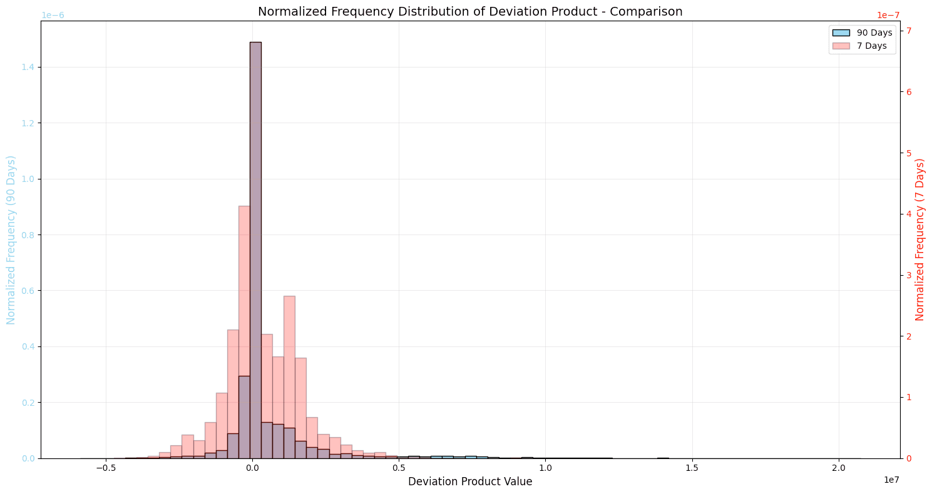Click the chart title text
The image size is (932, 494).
point(470,11)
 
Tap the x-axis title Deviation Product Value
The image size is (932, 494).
point(470,481)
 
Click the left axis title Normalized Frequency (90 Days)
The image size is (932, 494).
point(11,239)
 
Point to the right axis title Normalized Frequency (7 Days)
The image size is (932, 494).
point(920,239)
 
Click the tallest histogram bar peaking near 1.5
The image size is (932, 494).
point(255,250)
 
